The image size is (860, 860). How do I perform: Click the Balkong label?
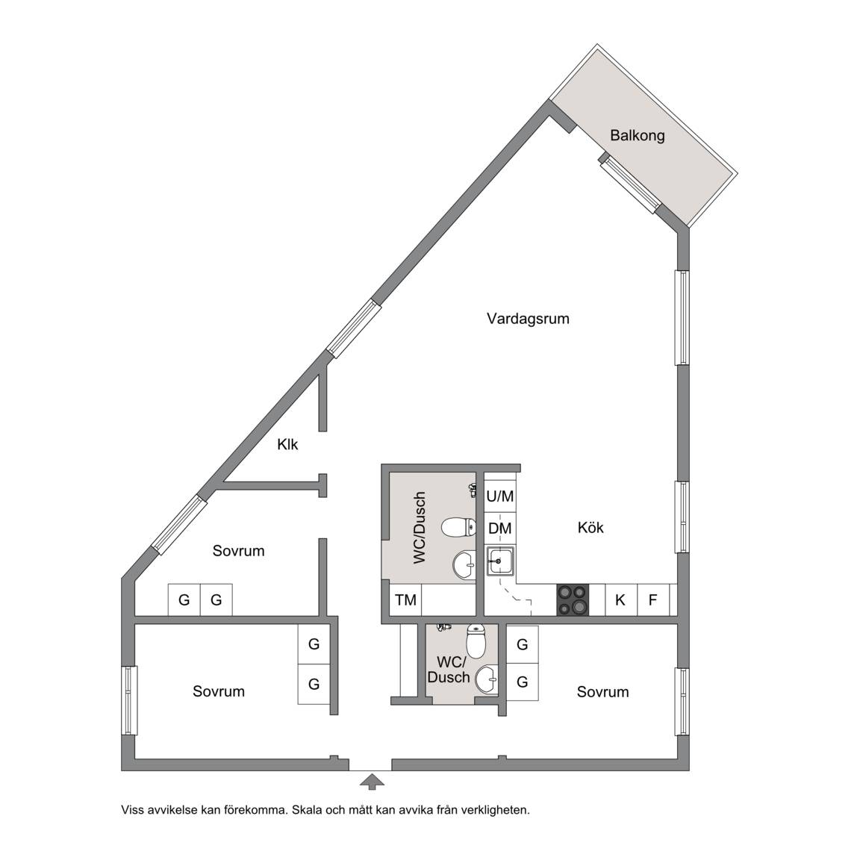tap(638, 135)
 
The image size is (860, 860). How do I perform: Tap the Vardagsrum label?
tap(528, 319)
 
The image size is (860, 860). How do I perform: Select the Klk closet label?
tap(287, 443)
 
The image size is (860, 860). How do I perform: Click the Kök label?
tap(591, 528)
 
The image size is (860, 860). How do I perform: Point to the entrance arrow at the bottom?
tap(372, 781)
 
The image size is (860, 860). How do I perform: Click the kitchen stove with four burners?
tap(573, 599)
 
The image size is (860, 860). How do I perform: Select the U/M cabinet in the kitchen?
tap(500, 496)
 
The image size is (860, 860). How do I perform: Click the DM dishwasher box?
tap(500, 529)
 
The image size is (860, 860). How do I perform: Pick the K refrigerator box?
tap(620, 599)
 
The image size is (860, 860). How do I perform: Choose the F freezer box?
tap(652, 599)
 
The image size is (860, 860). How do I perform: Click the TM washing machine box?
tap(406, 599)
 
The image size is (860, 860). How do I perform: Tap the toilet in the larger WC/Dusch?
tap(459, 528)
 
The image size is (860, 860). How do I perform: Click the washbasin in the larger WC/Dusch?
tap(464, 564)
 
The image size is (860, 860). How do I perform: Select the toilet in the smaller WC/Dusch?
tap(476, 641)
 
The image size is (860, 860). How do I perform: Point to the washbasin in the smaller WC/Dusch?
tap(487, 680)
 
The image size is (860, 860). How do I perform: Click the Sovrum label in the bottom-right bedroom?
tap(602, 691)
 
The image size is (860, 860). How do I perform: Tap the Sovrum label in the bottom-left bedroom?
tap(218, 691)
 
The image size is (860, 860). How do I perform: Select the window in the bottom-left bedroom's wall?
tap(128, 699)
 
